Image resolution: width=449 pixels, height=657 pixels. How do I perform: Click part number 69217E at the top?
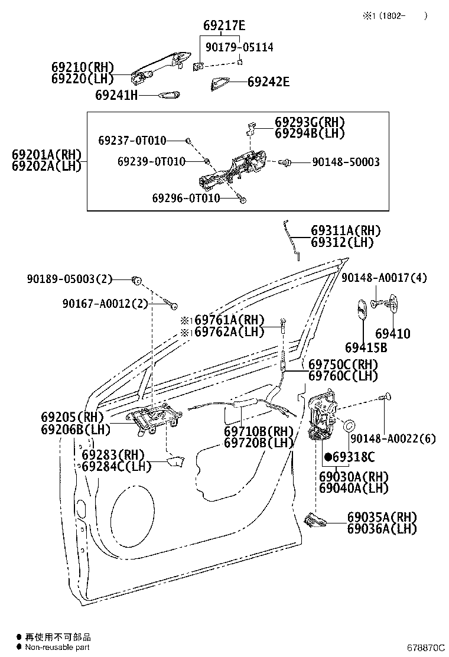pyautogui.click(x=224, y=26)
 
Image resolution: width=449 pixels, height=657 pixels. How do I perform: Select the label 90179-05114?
pyautogui.click(x=239, y=47)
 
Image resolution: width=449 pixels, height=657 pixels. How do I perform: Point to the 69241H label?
pyautogui.click(x=116, y=95)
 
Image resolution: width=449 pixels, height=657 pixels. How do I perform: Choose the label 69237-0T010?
pyautogui.click(x=132, y=141)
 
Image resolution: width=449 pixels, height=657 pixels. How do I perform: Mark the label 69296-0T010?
pyautogui.click(x=186, y=198)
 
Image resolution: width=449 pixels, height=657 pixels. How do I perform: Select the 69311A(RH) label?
pyautogui.click(x=346, y=231)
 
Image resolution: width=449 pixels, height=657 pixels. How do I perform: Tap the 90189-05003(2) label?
pyautogui.click(x=69, y=278)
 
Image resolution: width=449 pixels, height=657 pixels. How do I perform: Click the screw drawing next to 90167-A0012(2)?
pyautogui.click(x=171, y=305)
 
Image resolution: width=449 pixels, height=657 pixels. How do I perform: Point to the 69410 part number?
pyautogui.click(x=392, y=334)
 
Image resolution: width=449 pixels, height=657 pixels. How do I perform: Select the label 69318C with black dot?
pyautogui.click(x=350, y=457)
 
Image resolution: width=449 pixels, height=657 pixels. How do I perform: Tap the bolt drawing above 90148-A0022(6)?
pyautogui.click(x=386, y=398)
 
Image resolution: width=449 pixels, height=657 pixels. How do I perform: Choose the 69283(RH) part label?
pyautogui.click(x=113, y=455)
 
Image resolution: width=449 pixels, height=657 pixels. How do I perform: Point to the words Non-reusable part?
pyautogui.click(x=57, y=648)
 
